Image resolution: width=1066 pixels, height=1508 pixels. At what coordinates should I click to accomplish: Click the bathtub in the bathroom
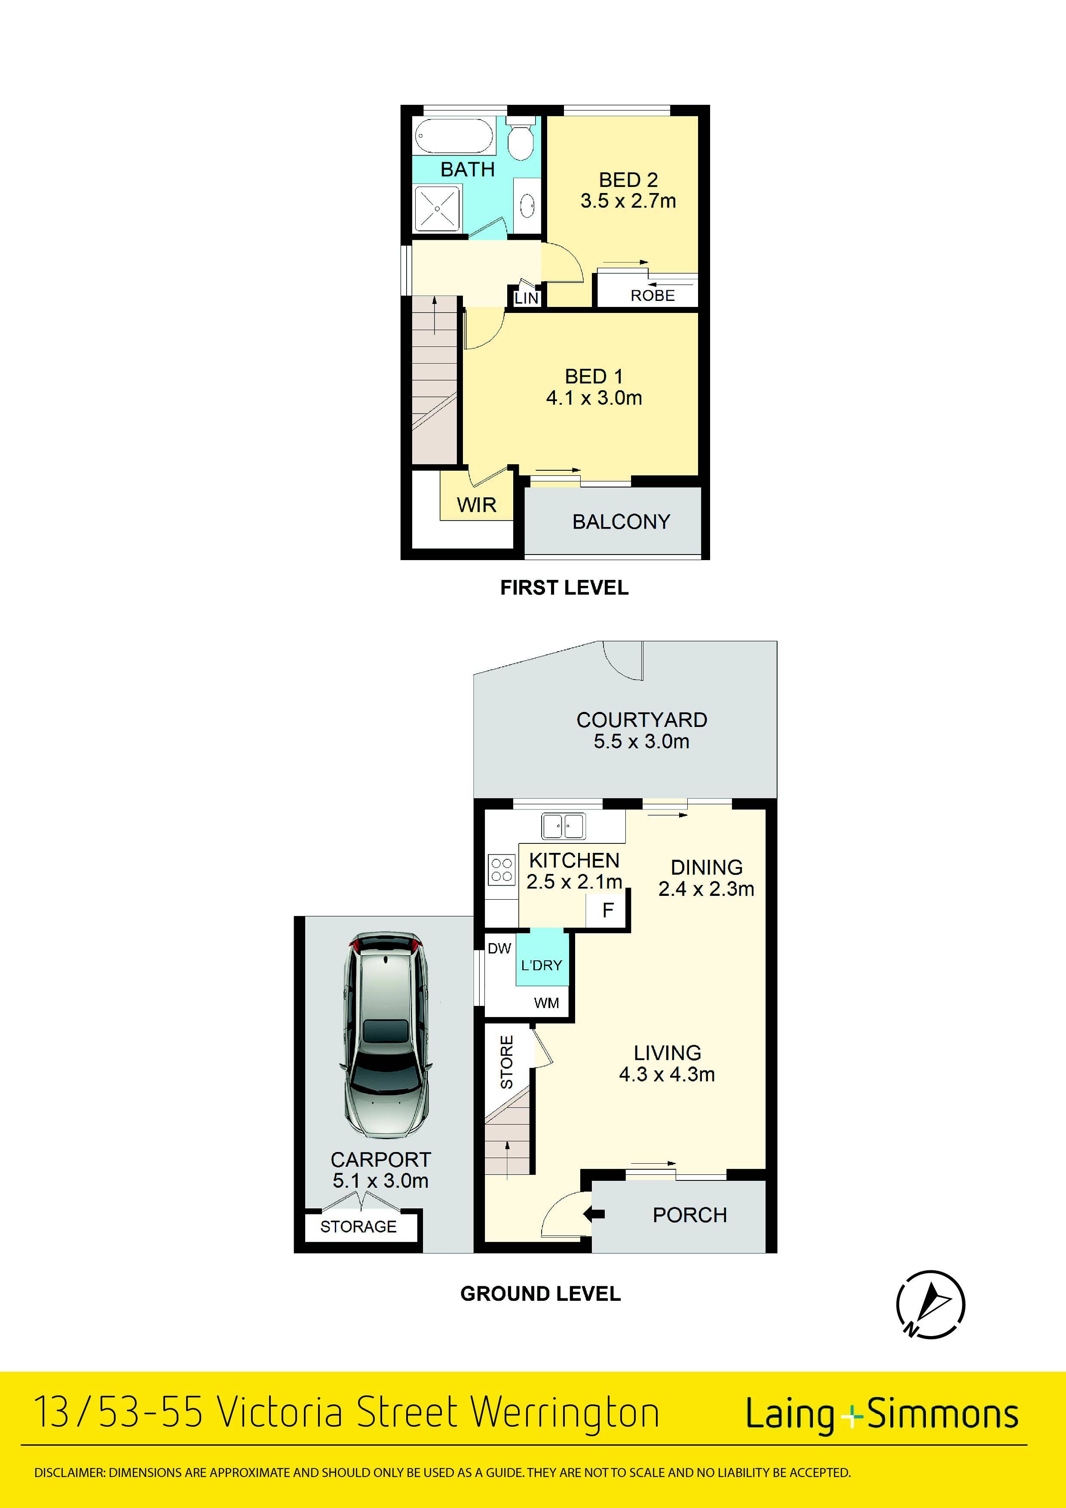453,137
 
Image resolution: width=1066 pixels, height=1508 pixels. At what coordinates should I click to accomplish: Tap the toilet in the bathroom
521,140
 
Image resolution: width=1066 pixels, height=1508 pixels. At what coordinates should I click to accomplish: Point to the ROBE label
653,296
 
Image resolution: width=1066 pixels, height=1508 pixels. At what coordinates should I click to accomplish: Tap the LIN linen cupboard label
526,298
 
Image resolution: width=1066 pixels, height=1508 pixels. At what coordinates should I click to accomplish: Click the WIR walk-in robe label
477,505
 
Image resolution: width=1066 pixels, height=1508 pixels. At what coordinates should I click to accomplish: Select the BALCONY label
622,521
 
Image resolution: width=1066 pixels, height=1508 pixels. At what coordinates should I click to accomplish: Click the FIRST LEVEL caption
564,587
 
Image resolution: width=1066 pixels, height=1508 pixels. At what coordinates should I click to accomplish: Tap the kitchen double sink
563,826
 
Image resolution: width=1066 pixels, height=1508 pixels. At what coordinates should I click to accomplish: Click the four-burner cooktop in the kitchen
502,870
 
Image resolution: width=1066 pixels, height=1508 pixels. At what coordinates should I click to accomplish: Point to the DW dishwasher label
499,948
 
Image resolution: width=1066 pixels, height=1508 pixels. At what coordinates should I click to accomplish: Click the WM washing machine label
546,1003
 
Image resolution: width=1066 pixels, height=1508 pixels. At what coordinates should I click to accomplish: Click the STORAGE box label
358,1226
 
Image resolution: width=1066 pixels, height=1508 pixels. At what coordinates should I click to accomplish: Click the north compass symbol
931,1304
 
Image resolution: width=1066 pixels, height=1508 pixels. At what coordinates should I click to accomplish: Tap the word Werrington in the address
565,1413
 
